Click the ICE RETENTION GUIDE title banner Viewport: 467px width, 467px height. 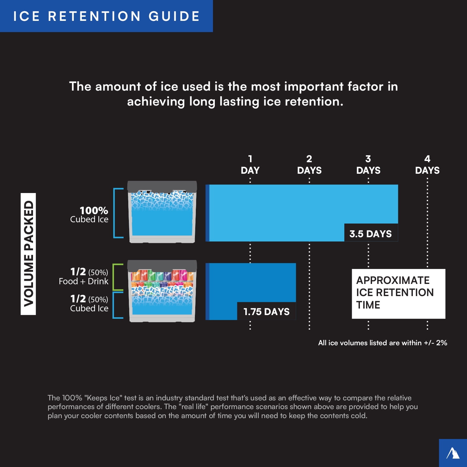pos(106,16)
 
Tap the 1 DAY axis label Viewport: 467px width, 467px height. pos(250,165)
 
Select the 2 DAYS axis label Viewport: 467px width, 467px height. pos(309,165)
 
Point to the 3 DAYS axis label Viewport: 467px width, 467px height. pos(368,165)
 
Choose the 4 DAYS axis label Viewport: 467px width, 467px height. pos(427,165)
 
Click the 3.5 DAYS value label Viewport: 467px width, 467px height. pos(370,233)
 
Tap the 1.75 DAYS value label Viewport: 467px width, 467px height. pos(266,311)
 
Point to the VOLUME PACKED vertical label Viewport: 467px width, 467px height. pos(28,254)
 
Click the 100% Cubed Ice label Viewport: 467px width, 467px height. pos(90,215)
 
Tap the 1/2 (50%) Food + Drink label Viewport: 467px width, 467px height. pos(84,276)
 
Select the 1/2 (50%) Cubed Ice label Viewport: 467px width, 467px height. pos(90,304)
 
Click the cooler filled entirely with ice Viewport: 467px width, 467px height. pos(162,212)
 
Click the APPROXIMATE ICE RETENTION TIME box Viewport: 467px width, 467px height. pos(398,293)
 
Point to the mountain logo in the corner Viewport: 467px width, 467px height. pos(453,453)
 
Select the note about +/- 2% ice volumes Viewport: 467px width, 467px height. pos(382,343)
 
